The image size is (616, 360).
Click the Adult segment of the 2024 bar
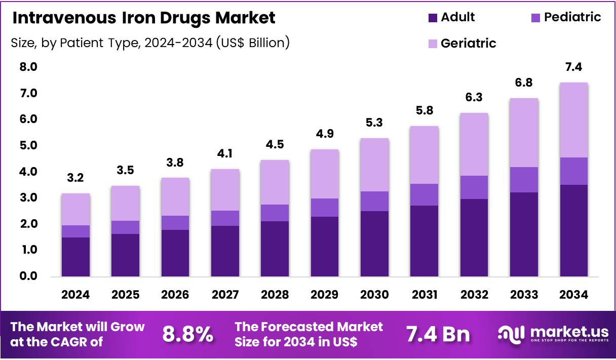pyautogui.click(x=75, y=257)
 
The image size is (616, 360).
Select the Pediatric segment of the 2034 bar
pyautogui.click(x=574, y=171)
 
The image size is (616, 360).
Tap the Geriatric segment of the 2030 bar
pyautogui.click(x=374, y=165)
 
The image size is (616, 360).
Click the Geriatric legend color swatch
pyautogui.click(x=432, y=44)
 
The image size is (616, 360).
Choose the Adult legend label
pyautogui.click(x=457, y=17)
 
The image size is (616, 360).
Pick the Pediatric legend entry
pyautogui.click(x=572, y=17)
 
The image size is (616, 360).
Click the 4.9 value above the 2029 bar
pyautogui.click(x=325, y=135)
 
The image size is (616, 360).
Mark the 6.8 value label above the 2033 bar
pyautogui.click(x=524, y=83)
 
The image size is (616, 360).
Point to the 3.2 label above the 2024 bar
pyautogui.click(x=75, y=178)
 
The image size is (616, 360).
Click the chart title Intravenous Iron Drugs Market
pyautogui.click(x=144, y=18)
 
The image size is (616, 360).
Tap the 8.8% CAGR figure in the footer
pyautogui.click(x=187, y=334)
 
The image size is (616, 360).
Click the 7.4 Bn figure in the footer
pyautogui.click(x=438, y=334)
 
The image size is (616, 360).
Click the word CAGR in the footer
pyautogui.click(x=85, y=342)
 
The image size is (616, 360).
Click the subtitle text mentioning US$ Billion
pyautogui.click(x=150, y=43)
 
